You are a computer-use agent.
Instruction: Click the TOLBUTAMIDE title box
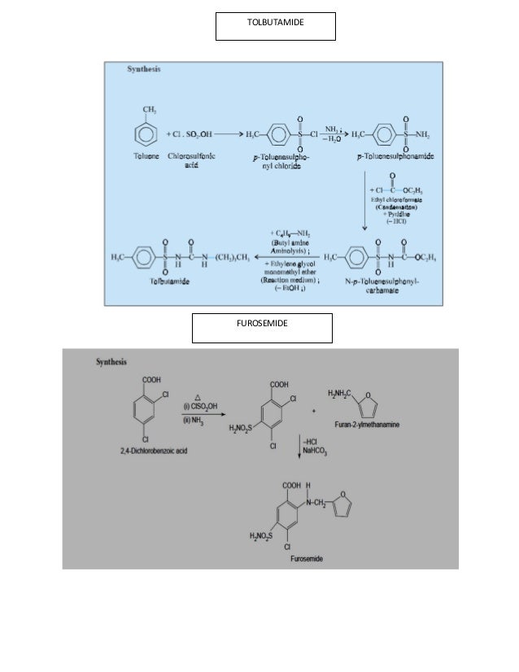pyautogui.click(x=275, y=26)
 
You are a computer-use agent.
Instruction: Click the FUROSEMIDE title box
pyautogui.click(x=261, y=327)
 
